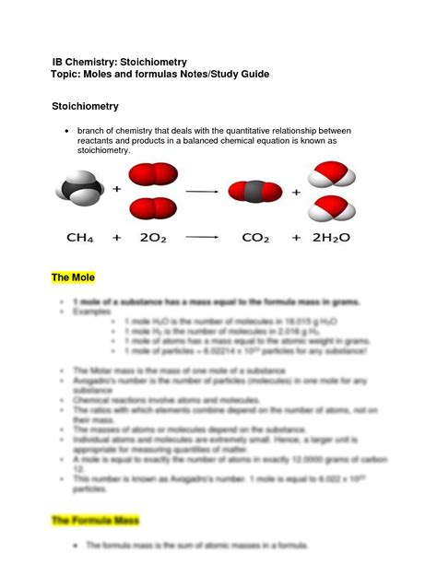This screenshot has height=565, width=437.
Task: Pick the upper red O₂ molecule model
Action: [x=151, y=175]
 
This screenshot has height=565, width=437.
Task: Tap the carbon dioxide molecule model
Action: [x=254, y=192]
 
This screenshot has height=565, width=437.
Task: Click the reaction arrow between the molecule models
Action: [x=203, y=192]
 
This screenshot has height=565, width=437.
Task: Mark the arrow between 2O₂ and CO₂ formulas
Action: [x=203, y=237]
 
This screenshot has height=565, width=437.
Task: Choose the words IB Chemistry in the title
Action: [x=87, y=62]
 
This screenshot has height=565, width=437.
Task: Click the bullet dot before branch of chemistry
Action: [x=67, y=132]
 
